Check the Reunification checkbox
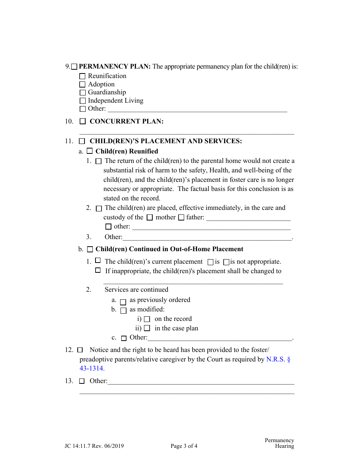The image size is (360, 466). tap(83, 77)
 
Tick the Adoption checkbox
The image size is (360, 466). tap(83, 85)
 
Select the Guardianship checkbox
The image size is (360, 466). tap(83, 93)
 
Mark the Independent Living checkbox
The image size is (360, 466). tap(83, 101)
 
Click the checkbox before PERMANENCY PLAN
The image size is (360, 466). tap(74, 67)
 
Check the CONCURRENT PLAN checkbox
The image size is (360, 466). tap(83, 122)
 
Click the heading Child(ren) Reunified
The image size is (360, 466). tap(127, 151)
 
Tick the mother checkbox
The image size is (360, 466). tap(150, 217)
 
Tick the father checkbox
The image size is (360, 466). tap(181, 217)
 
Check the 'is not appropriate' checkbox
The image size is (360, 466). tap(226, 262)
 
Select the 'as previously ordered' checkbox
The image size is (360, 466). tap(123, 302)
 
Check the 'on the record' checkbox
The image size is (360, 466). tap(147, 319)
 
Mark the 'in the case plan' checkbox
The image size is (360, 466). tap(147, 328)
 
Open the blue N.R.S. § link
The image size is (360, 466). tap(278, 359)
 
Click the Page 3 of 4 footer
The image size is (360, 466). tap(184, 446)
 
